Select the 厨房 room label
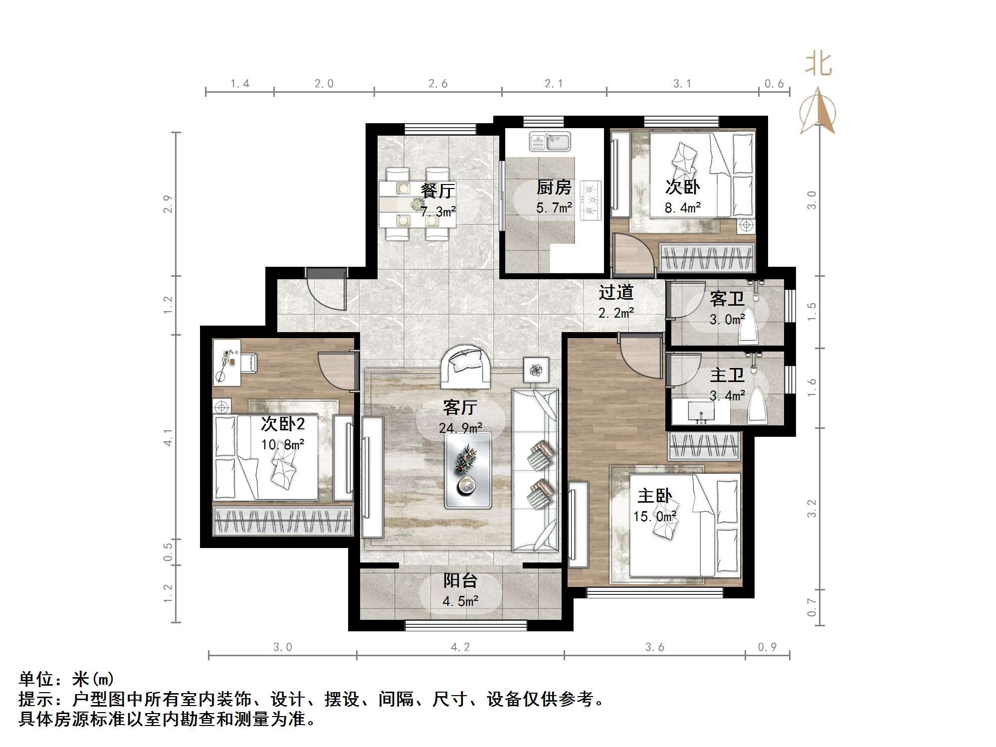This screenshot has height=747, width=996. coord(554,187)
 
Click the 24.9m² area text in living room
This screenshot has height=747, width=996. coord(460,428)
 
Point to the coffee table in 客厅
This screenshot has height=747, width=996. coord(467,470)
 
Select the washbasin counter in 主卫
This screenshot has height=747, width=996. coord(701,412)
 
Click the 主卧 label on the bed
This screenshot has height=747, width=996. coord(654,496)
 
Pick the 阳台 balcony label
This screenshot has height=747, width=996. coord(460,580)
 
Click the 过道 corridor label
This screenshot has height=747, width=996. coord(616,292)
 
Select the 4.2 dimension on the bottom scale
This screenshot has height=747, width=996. coord(460,647)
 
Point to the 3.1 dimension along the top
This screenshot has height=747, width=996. coord(682,84)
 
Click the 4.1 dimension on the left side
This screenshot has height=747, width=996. coord(168,437)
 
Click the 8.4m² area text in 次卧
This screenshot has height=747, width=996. coord(682,208)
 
